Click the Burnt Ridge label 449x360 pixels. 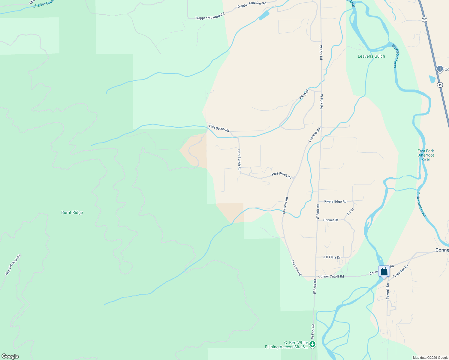(72, 212)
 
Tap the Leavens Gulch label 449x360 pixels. (371, 56)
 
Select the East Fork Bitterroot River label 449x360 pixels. (426, 155)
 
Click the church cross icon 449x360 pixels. (440, 69)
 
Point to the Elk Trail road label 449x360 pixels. (304, 94)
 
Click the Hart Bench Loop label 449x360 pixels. (13, 265)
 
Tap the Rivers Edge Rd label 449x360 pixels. (335, 202)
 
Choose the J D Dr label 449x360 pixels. (350, 211)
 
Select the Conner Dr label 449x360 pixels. (330, 220)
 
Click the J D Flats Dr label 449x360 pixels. (332, 257)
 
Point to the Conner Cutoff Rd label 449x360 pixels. (331, 276)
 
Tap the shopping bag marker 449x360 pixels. (384, 271)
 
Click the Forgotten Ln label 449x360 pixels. (400, 271)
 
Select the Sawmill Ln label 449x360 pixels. (387, 291)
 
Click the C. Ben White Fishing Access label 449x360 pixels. (286, 345)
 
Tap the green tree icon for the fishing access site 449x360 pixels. (313, 344)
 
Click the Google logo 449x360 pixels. (10, 356)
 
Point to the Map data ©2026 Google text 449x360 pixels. (430, 358)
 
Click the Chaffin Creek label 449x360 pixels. (43, 4)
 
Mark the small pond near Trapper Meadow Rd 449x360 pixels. (264, 15)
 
